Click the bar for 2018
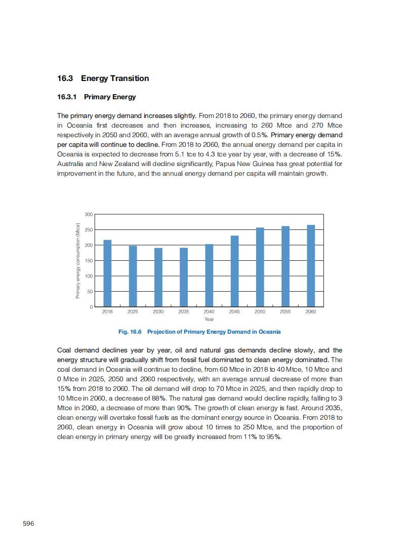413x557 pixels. (107, 273)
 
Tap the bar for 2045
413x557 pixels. (234, 271)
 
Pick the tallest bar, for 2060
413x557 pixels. (311, 266)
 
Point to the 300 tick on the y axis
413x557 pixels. (89, 215)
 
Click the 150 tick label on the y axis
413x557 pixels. (89, 261)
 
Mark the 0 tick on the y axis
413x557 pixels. (91, 307)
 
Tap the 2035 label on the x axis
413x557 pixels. (184, 312)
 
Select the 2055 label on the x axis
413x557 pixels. (285, 312)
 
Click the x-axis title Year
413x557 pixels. (209, 320)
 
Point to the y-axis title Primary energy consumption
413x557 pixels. (77, 261)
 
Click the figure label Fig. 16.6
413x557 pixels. (130, 332)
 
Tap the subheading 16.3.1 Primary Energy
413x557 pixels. (96, 97)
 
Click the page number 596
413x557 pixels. (28, 523)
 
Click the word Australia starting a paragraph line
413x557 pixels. (71, 164)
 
